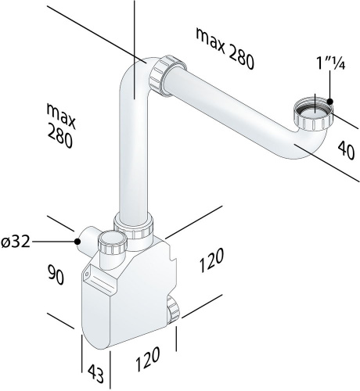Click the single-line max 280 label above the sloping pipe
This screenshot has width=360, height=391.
click(225, 48)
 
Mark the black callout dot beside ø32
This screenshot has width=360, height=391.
click(77, 242)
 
